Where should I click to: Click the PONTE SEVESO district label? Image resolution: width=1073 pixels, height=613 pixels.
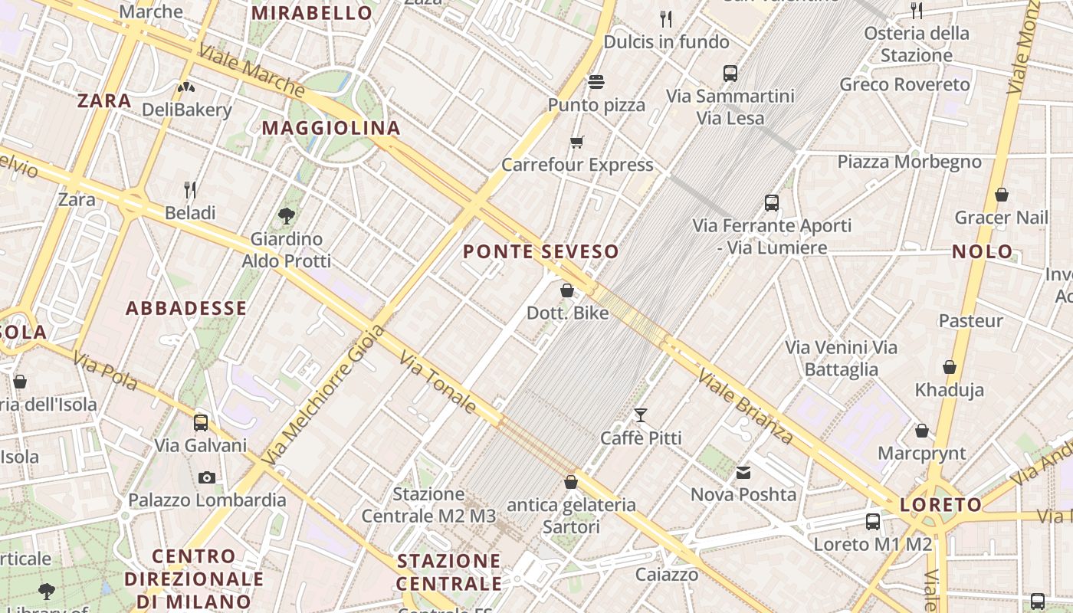click(541, 251)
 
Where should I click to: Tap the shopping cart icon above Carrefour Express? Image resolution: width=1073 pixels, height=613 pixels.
click(577, 142)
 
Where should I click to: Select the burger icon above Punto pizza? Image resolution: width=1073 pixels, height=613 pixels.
click(596, 82)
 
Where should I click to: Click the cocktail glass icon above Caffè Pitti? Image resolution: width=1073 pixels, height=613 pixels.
click(641, 415)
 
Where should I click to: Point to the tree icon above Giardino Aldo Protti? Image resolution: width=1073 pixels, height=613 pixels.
click(287, 216)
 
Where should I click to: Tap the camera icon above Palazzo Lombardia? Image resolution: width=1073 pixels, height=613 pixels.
click(206, 477)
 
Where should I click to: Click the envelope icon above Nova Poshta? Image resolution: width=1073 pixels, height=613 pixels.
click(743, 472)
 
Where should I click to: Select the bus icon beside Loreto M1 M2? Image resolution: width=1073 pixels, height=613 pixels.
click(872, 522)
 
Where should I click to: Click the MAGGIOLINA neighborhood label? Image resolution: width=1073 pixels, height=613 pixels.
click(331, 128)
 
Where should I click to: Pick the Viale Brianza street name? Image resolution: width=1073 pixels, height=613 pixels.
click(745, 407)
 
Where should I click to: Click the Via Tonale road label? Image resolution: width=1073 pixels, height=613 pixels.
click(438, 382)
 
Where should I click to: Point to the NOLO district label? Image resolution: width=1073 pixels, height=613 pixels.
click(982, 251)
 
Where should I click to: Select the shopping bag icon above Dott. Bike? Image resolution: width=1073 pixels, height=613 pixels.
click(567, 290)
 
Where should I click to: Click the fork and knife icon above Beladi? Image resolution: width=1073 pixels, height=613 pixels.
click(190, 189)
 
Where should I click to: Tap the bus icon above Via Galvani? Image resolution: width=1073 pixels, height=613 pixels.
click(201, 422)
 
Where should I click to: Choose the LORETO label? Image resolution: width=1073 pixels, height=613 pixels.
click(940, 505)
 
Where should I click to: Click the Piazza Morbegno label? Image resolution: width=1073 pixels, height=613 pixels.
click(909, 162)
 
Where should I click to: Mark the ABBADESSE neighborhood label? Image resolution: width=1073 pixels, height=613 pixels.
click(186, 309)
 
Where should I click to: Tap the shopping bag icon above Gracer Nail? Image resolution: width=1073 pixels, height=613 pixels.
click(1001, 195)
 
